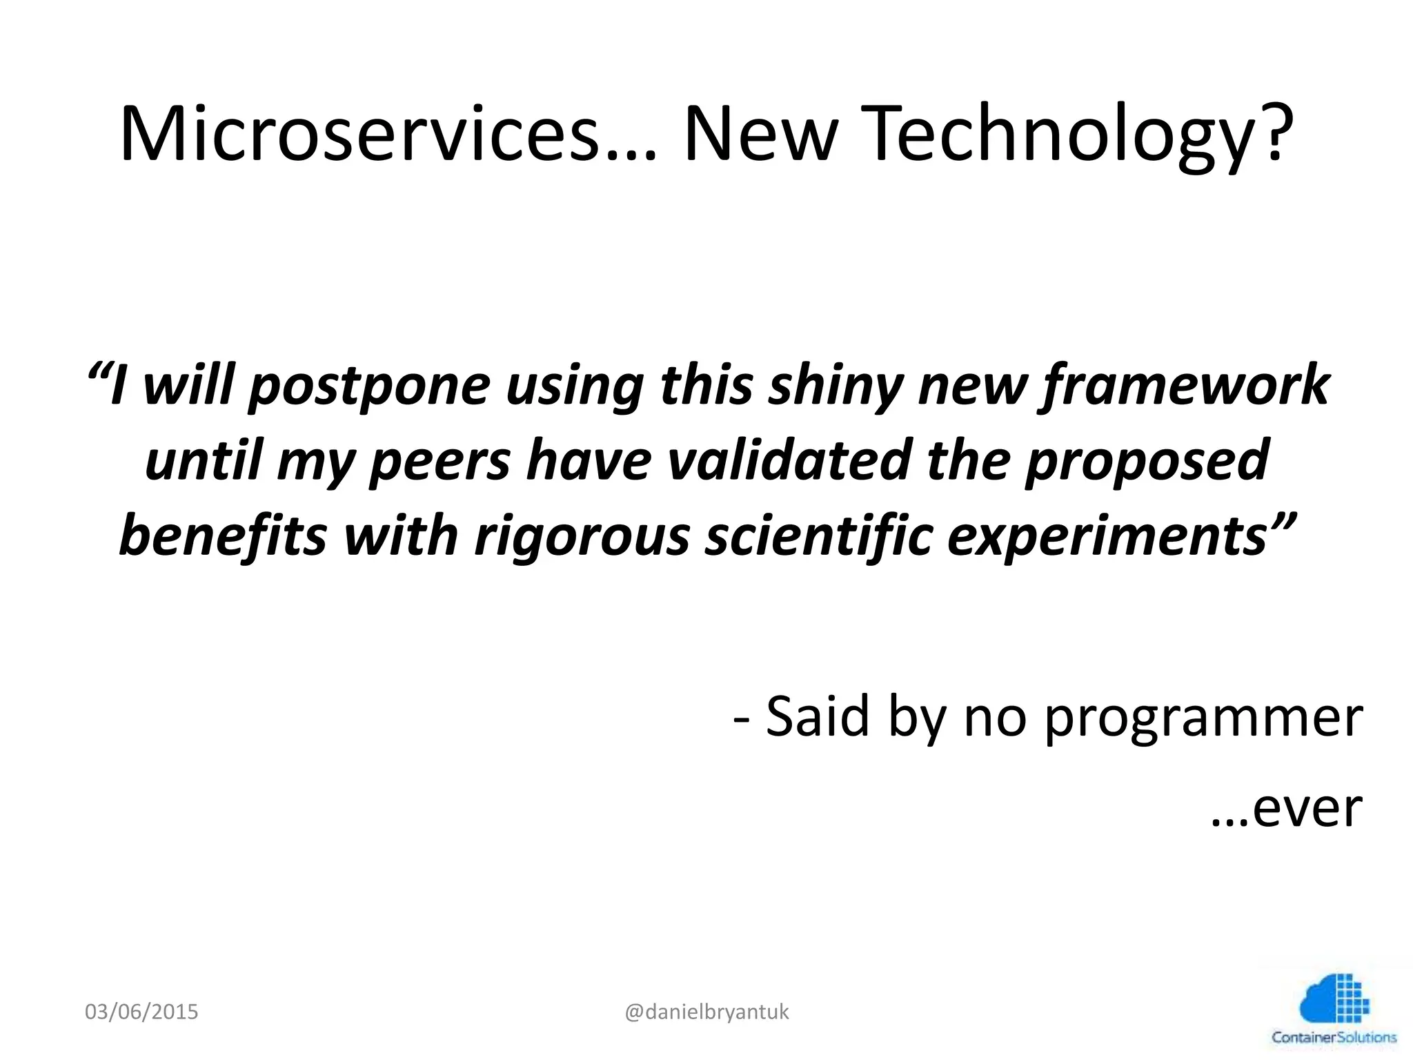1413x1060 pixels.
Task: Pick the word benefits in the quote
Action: pos(222,537)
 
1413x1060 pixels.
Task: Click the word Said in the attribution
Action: pos(817,718)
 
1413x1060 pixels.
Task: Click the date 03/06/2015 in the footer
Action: pos(141,1012)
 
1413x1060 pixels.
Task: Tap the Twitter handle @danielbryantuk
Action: pos(706,1012)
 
